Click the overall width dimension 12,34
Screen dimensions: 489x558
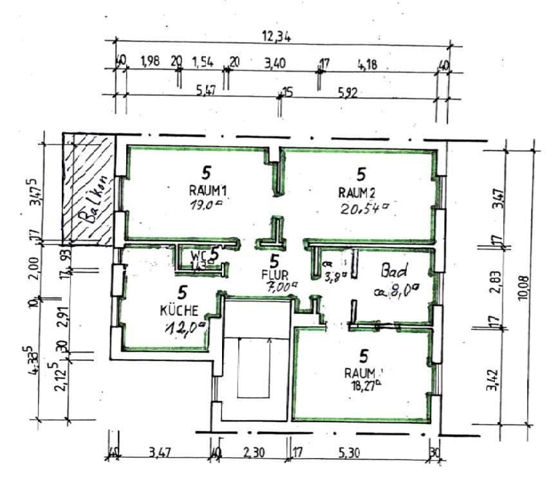click(x=276, y=37)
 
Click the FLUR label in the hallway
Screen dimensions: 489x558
click(x=274, y=277)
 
